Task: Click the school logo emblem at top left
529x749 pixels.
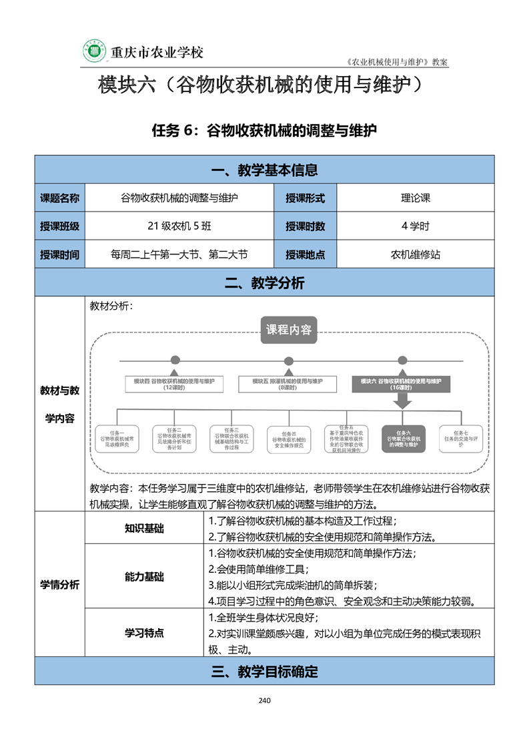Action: pos(93,51)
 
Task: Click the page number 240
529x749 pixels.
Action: pos(264,700)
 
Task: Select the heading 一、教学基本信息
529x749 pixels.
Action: pos(264,170)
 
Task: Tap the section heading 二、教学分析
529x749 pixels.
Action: pos(264,283)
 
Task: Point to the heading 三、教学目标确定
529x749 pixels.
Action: pos(264,672)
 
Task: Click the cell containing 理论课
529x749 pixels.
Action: pos(415,198)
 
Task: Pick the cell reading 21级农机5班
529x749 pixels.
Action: pos(179,226)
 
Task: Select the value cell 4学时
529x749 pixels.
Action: pos(415,226)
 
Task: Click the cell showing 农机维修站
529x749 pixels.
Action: pos(415,254)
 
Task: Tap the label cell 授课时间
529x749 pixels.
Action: pos(60,254)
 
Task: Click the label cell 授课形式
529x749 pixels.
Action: pos(306,198)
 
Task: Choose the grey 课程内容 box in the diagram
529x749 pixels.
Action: pos(288,330)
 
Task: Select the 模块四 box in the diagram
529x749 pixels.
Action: pos(174,384)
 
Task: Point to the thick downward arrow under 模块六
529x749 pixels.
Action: pos(402,400)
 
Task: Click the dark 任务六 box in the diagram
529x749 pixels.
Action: pos(403,439)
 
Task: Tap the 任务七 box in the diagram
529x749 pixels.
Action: pos(460,439)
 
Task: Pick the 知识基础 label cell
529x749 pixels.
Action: pos(143,529)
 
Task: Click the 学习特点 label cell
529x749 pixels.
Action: pos(143,633)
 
